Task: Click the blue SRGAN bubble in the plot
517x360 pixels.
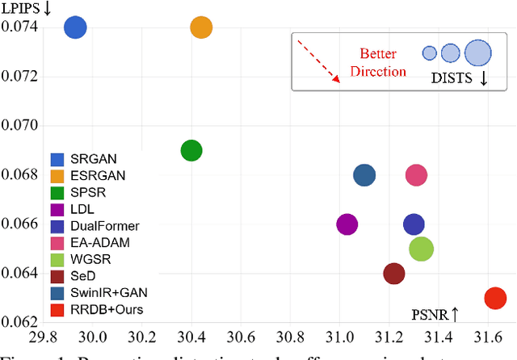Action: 75,27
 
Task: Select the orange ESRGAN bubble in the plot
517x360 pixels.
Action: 201,27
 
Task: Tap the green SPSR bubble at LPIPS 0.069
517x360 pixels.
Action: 191,150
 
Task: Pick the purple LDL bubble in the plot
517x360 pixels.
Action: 347,224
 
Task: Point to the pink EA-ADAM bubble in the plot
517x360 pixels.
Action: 416,175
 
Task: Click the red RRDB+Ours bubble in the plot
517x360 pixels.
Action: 494,298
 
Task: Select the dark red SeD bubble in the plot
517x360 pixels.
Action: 393,274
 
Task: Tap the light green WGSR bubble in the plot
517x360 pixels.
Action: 421,249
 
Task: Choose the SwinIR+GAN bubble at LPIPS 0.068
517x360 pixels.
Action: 365,175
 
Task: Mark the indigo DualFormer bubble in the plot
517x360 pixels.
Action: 414,224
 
